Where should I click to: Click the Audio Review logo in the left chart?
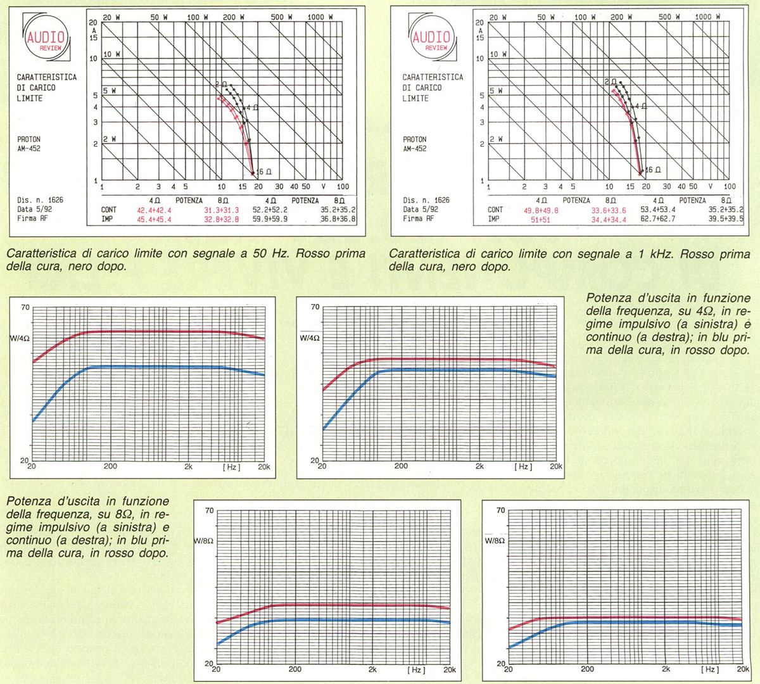46,39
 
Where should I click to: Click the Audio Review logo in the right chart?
431,39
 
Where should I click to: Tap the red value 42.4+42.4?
154,210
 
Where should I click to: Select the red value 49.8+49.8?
541,210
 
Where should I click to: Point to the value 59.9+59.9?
270,220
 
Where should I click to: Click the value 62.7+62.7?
658,219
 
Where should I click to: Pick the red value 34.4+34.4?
609,220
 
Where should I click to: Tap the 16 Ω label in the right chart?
653,170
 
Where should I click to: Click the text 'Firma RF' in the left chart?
32,218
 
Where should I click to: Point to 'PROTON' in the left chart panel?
28,139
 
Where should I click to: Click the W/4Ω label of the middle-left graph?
20,338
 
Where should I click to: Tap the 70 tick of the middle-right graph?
315,307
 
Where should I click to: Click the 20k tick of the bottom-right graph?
743,669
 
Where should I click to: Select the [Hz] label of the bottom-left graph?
416,669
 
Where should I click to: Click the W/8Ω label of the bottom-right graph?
495,541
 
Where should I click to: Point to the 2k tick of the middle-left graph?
188,467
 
